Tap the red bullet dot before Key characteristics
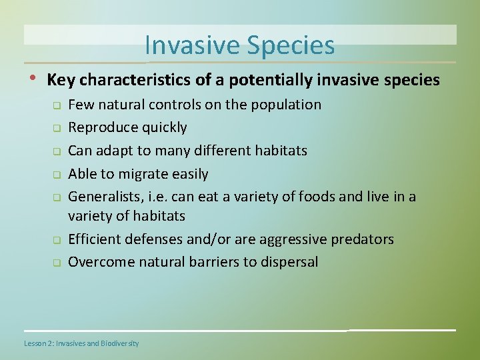(x=33, y=78)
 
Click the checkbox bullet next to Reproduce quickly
(x=57, y=128)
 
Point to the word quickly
(x=165, y=128)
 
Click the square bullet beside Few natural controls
(x=57, y=105)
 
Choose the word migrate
(x=143, y=175)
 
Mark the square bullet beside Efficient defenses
(x=57, y=240)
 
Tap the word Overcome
(x=101, y=263)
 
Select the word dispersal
(x=289, y=263)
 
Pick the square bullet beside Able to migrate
(x=57, y=175)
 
